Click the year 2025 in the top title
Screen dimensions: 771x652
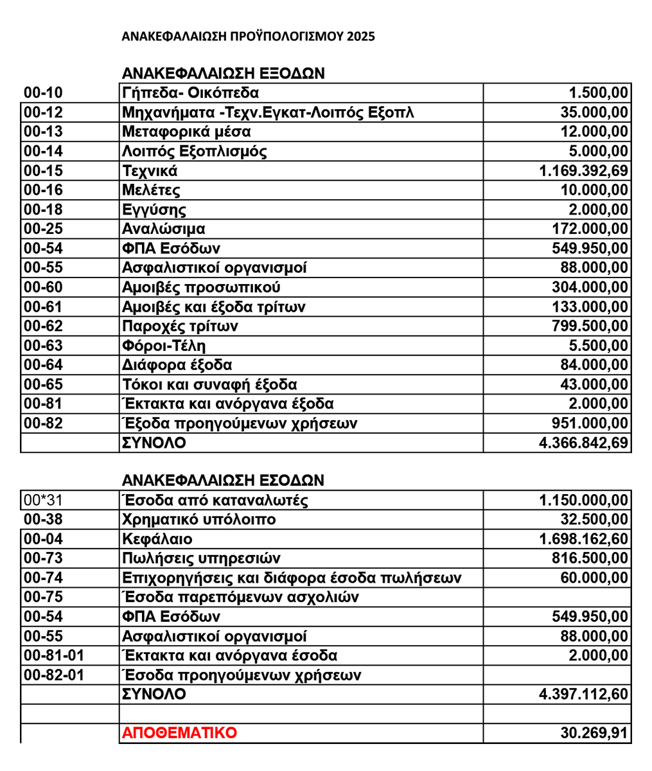coord(360,37)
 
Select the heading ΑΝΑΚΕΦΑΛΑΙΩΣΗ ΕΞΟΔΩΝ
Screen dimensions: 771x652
coord(223,73)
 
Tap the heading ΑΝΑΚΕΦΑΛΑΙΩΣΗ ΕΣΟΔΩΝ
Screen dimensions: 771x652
coord(223,481)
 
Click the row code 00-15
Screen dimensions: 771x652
coord(43,171)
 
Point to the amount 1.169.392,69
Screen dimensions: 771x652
coord(583,171)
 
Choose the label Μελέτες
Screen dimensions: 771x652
coord(151,190)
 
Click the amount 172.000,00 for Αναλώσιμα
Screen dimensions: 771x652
coord(590,229)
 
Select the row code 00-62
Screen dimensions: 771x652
coord(43,326)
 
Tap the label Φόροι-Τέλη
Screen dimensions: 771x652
coord(164,346)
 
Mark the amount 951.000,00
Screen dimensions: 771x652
coord(590,423)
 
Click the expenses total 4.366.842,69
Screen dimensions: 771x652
coord(583,443)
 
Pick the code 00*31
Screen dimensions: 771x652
coord(43,500)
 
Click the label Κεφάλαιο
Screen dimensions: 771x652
coord(157,539)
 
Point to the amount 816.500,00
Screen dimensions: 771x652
coord(590,558)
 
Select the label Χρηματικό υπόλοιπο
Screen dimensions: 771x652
coord(199,519)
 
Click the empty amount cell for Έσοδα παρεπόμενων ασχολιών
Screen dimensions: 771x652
coord(557,598)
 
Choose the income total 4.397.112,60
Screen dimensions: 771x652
coord(583,695)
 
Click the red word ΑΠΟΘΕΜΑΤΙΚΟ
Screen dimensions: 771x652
coord(179,733)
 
